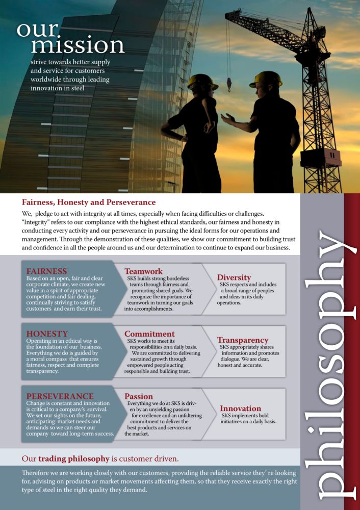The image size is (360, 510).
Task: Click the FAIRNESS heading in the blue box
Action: point(46,271)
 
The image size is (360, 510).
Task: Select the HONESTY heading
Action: point(46,334)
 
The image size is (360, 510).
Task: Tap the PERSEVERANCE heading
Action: point(60,396)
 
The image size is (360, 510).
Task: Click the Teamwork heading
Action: point(144,271)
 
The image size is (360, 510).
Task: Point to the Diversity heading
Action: point(234,277)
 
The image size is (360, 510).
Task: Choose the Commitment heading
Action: point(149,334)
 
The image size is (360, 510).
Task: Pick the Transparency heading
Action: point(243,340)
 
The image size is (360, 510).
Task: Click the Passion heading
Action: point(139,396)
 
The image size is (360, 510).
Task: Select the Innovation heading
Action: point(240,408)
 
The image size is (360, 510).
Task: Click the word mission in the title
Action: point(78,45)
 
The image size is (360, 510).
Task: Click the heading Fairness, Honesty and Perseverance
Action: point(89,202)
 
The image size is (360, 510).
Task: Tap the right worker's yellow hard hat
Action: point(266,79)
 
